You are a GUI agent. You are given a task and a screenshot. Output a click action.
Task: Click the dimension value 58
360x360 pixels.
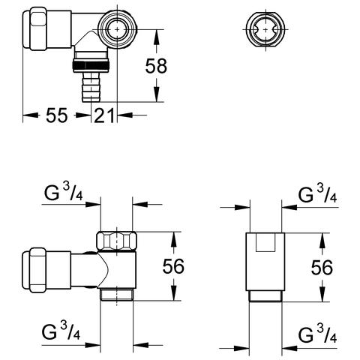click(156, 66)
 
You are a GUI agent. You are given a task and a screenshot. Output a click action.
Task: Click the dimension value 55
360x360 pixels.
click(57, 115)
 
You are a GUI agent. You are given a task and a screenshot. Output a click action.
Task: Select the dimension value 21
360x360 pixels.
click(104, 115)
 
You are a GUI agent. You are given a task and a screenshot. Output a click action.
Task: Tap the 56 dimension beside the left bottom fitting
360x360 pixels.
click(173, 266)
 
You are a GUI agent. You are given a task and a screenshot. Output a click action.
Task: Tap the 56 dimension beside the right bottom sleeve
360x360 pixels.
click(322, 268)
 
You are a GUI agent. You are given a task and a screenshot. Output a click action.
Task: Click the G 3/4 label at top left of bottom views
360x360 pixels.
click(63, 193)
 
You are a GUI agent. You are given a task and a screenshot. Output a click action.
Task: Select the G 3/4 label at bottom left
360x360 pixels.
click(61, 331)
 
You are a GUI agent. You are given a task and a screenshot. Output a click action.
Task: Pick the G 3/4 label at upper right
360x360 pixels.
click(317, 194)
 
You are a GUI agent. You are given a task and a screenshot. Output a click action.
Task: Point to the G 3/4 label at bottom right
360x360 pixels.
click(317, 334)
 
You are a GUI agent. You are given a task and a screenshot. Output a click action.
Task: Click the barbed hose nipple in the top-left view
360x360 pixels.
click(91, 87)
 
